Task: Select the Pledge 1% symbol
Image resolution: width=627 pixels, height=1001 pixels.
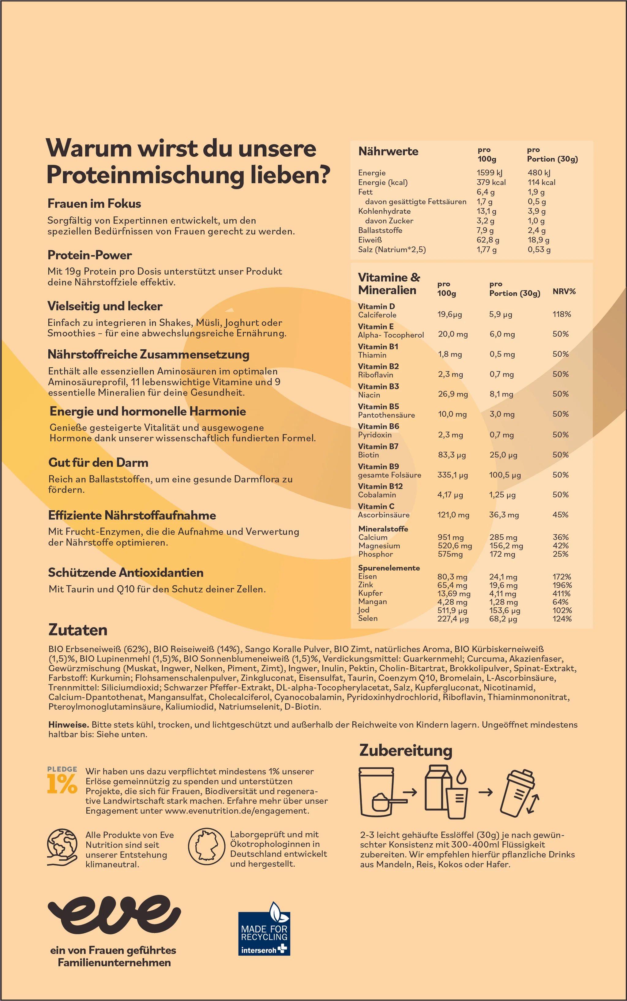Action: [62, 780]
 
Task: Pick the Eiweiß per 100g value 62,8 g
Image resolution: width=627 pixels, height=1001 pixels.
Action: [488, 240]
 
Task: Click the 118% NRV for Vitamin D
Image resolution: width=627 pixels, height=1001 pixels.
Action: [561, 314]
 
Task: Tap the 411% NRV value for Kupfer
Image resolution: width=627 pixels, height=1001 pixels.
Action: [561, 593]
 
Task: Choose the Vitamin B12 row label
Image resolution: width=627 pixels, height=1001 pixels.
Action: [380, 486]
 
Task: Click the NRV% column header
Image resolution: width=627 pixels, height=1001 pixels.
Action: [564, 291]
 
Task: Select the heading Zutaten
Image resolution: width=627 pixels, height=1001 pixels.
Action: [78, 630]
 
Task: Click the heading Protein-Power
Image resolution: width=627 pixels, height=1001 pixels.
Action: [90, 255]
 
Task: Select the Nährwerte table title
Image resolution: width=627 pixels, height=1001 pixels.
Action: [388, 151]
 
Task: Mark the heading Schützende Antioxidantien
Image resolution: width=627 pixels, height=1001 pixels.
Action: [126, 573]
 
